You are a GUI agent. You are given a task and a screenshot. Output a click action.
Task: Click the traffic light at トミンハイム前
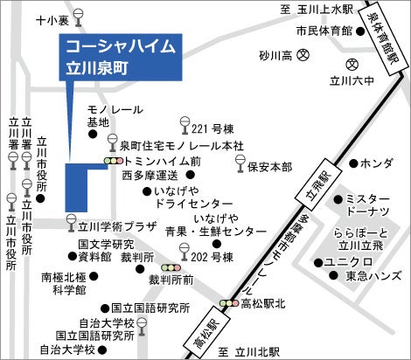(x=114, y=162)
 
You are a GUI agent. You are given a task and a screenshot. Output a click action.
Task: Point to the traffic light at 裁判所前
(x=171, y=267)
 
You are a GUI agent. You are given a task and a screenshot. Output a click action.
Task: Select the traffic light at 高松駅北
(x=230, y=302)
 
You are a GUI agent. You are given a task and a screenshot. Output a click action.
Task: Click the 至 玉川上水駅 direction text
(x=317, y=10)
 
